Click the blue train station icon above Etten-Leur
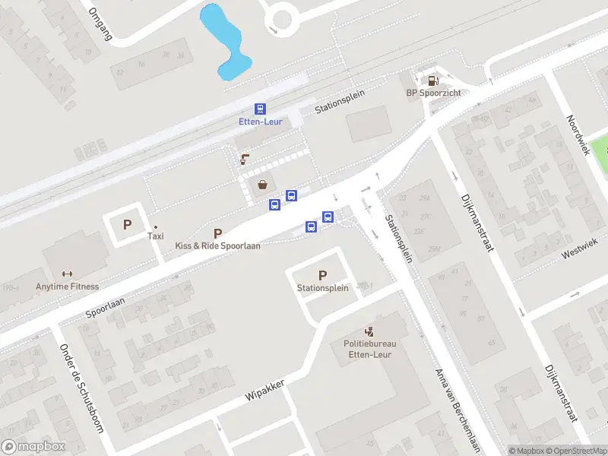[x=260, y=109]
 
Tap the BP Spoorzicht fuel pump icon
[x=432, y=80]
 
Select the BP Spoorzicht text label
[x=433, y=93]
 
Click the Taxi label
[x=155, y=236]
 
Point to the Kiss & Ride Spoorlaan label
[x=217, y=246]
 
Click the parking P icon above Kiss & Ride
[x=218, y=233]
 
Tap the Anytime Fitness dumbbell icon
[x=67, y=274]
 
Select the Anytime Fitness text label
[x=67, y=287]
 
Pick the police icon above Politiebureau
[x=369, y=331]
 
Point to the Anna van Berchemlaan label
[x=458, y=410]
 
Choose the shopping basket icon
[x=263, y=184]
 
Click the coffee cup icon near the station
[x=244, y=159]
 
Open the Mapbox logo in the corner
[x=33, y=447]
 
